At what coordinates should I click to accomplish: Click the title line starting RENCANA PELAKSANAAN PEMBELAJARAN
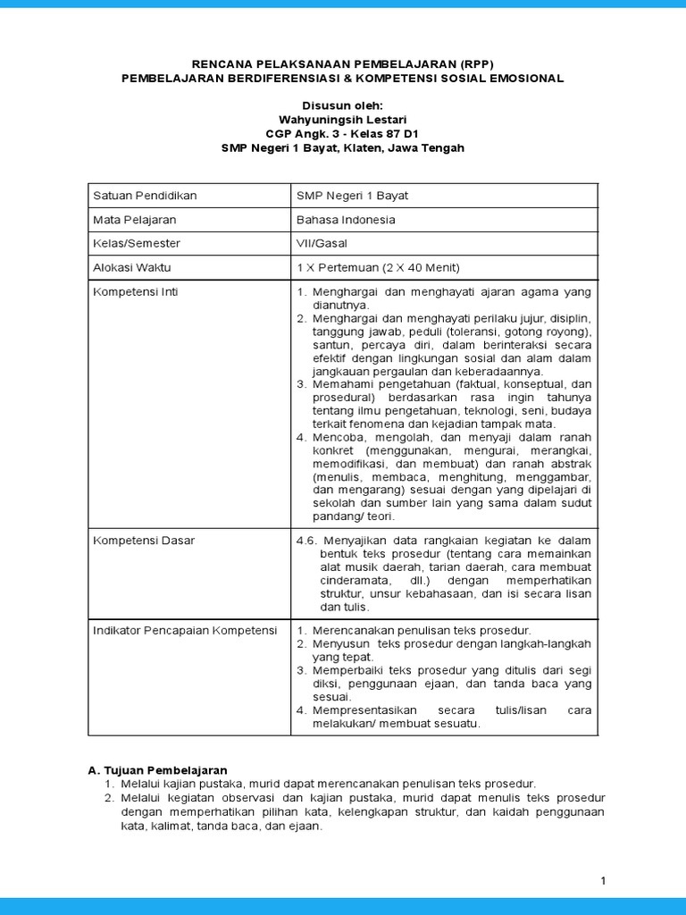click(343, 64)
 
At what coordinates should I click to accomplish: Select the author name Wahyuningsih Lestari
click(343, 119)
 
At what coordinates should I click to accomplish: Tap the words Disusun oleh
click(343, 105)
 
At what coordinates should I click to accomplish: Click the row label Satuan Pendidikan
click(146, 195)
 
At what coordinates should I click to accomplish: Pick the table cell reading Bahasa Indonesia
click(346, 219)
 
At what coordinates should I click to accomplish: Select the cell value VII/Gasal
click(322, 243)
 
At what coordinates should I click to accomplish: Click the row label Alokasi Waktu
click(132, 267)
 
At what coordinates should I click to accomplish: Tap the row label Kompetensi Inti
click(130, 291)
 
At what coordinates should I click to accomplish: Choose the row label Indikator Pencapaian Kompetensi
click(186, 630)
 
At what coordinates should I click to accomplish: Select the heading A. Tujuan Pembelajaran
click(157, 769)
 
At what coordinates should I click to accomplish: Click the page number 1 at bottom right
click(603, 881)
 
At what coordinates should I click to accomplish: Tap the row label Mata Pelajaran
click(135, 219)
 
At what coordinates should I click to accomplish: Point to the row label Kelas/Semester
click(137, 243)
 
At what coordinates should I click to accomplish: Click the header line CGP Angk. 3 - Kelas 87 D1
click(343, 133)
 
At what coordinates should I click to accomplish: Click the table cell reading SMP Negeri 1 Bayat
click(352, 195)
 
